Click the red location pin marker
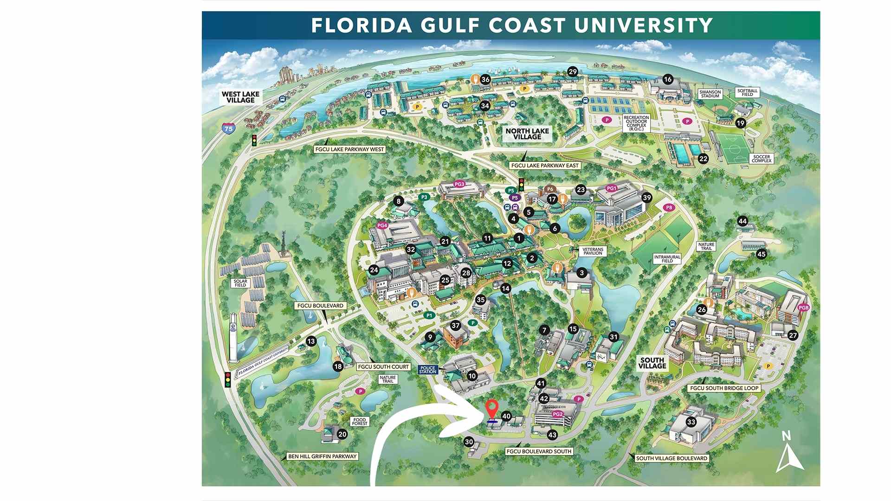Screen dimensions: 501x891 [x=491, y=409]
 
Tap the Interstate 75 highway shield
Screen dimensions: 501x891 [x=228, y=128]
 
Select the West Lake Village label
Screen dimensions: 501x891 [x=240, y=97]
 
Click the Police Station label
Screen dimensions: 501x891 [x=428, y=370]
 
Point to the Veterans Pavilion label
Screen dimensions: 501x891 [x=593, y=251]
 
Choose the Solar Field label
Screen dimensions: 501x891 [x=240, y=283]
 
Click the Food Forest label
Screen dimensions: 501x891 [x=360, y=422]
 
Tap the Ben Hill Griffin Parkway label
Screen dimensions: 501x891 [x=322, y=456]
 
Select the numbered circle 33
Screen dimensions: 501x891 [x=691, y=422]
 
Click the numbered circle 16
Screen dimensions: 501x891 [x=667, y=79]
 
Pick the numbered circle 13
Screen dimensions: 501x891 [x=310, y=341]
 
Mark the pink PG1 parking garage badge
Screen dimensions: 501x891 [x=612, y=188]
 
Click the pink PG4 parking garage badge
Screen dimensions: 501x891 [x=382, y=225]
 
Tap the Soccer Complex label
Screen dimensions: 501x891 [x=762, y=159]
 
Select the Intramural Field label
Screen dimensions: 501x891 [x=667, y=259]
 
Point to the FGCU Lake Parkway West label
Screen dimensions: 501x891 [x=349, y=149]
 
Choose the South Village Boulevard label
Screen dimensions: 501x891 [x=671, y=458]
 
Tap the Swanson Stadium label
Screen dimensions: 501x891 [x=710, y=94]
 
